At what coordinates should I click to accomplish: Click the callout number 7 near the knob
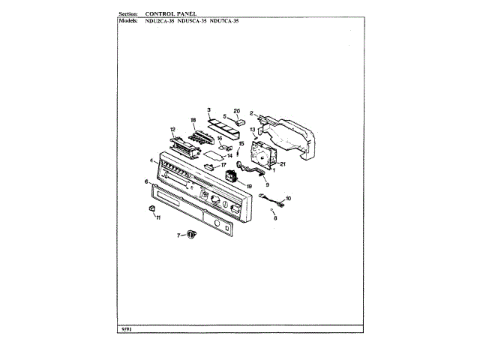[178, 235]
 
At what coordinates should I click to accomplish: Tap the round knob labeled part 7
[191, 235]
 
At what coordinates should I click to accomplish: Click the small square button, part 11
[152, 208]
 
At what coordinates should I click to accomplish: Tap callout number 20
[236, 111]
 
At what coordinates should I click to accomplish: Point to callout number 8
[274, 218]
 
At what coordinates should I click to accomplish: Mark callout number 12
[172, 129]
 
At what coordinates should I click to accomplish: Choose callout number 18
[193, 120]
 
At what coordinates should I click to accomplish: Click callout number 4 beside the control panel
[151, 160]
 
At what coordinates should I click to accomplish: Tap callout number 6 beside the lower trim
[146, 181]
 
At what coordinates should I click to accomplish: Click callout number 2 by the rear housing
[252, 113]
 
